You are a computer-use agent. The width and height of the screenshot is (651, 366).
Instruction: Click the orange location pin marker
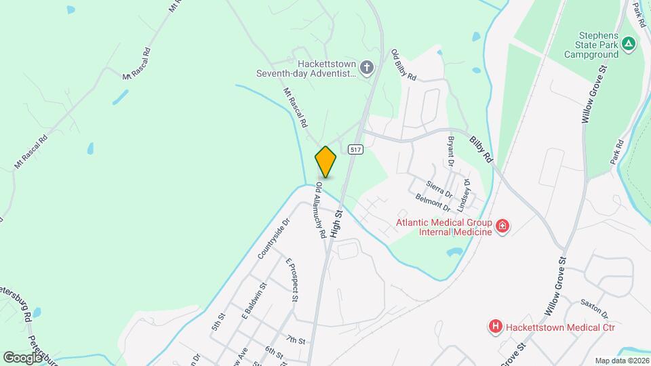pos(325,162)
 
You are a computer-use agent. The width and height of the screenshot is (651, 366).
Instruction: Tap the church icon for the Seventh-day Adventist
pos(366,67)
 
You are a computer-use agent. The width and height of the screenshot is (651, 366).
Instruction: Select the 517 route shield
pos(356,148)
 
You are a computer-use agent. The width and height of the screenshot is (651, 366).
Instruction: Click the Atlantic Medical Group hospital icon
pos(502,226)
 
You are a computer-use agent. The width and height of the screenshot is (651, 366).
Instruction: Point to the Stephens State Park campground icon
pos(629,43)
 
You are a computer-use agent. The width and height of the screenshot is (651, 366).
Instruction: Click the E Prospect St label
pos(292,280)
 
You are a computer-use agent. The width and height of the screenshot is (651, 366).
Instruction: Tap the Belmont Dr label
pos(433,201)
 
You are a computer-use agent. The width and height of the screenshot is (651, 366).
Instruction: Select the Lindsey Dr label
pos(466,190)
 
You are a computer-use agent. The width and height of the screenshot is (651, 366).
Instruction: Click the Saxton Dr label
pos(594,309)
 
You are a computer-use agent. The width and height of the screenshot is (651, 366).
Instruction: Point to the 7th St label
pos(296,340)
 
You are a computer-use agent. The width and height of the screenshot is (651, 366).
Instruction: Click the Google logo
pos(22,357)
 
